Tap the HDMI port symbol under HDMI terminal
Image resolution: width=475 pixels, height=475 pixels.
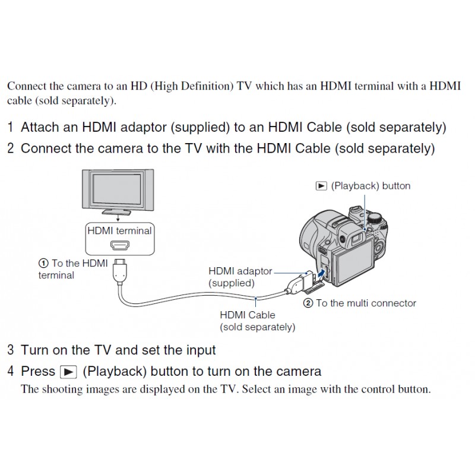(119, 246)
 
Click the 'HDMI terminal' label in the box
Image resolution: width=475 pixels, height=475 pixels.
(119, 230)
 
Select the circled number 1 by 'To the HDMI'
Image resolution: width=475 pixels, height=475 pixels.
(43, 263)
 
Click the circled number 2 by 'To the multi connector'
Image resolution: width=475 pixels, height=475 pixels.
(308, 303)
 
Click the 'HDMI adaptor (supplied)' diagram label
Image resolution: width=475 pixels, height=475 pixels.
(239, 277)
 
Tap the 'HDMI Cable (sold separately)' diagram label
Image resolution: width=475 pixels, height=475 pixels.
(257, 321)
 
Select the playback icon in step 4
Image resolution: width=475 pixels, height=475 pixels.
(69, 372)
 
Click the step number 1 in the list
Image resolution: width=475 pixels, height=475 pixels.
(11, 127)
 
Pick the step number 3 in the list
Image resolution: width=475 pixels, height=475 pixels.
(11, 350)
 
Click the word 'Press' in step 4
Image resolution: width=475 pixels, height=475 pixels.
(38, 372)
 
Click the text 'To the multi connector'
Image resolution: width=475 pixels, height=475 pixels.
(366, 303)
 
